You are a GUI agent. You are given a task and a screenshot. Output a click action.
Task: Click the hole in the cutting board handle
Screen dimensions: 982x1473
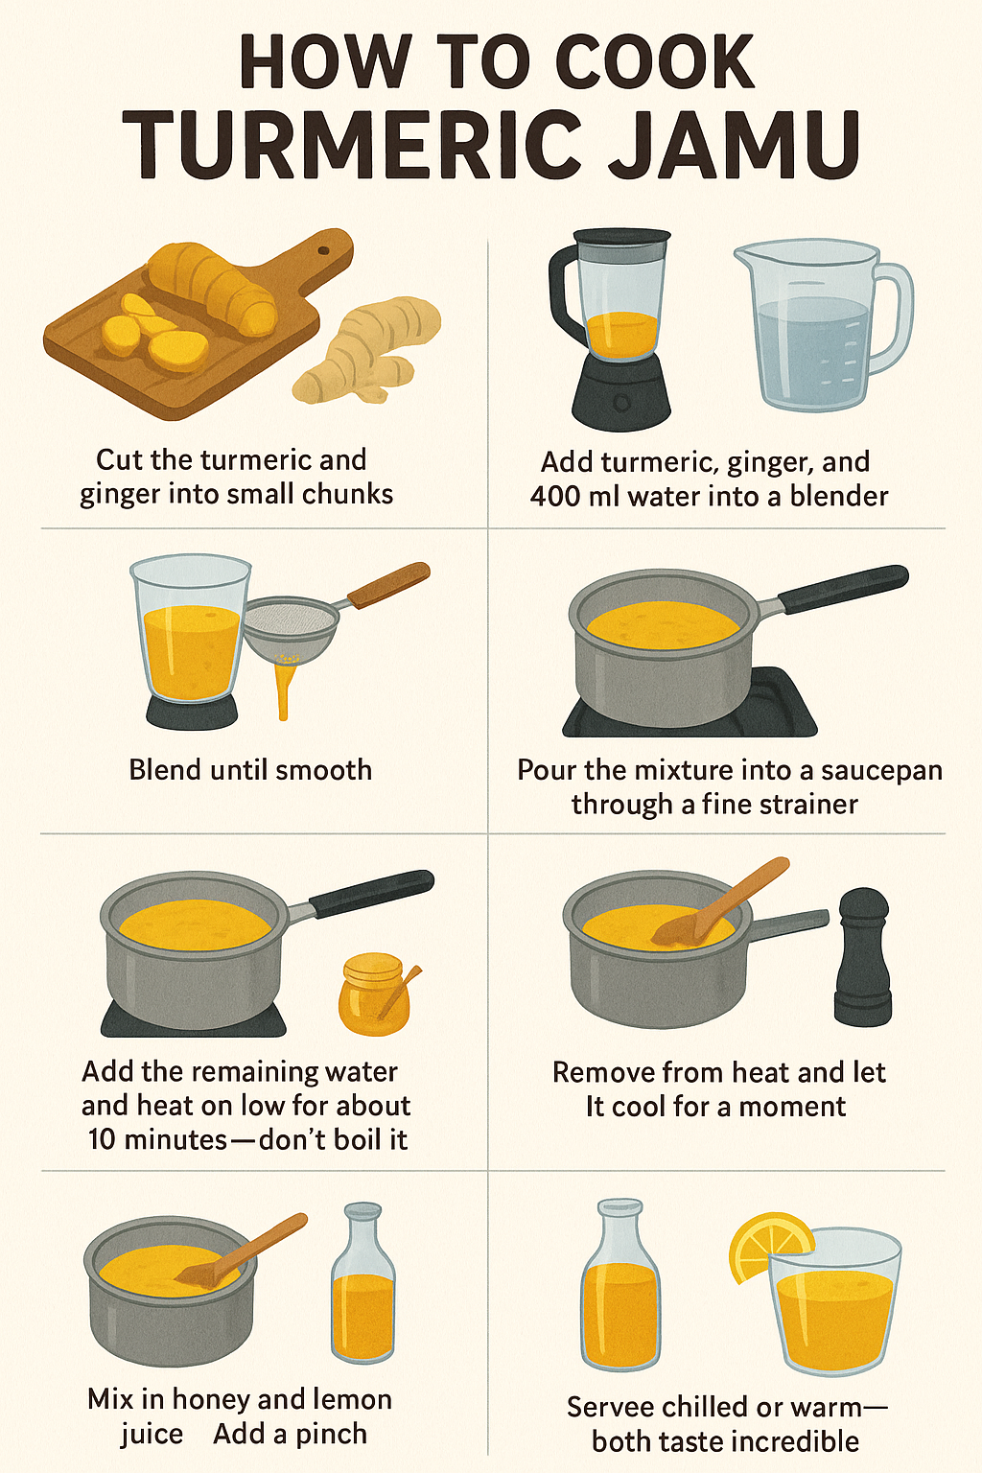tap(323, 250)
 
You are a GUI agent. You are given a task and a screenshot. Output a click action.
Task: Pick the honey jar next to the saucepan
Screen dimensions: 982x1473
tap(376, 994)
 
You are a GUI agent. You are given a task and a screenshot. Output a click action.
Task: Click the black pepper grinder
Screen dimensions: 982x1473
tap(862, 956)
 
